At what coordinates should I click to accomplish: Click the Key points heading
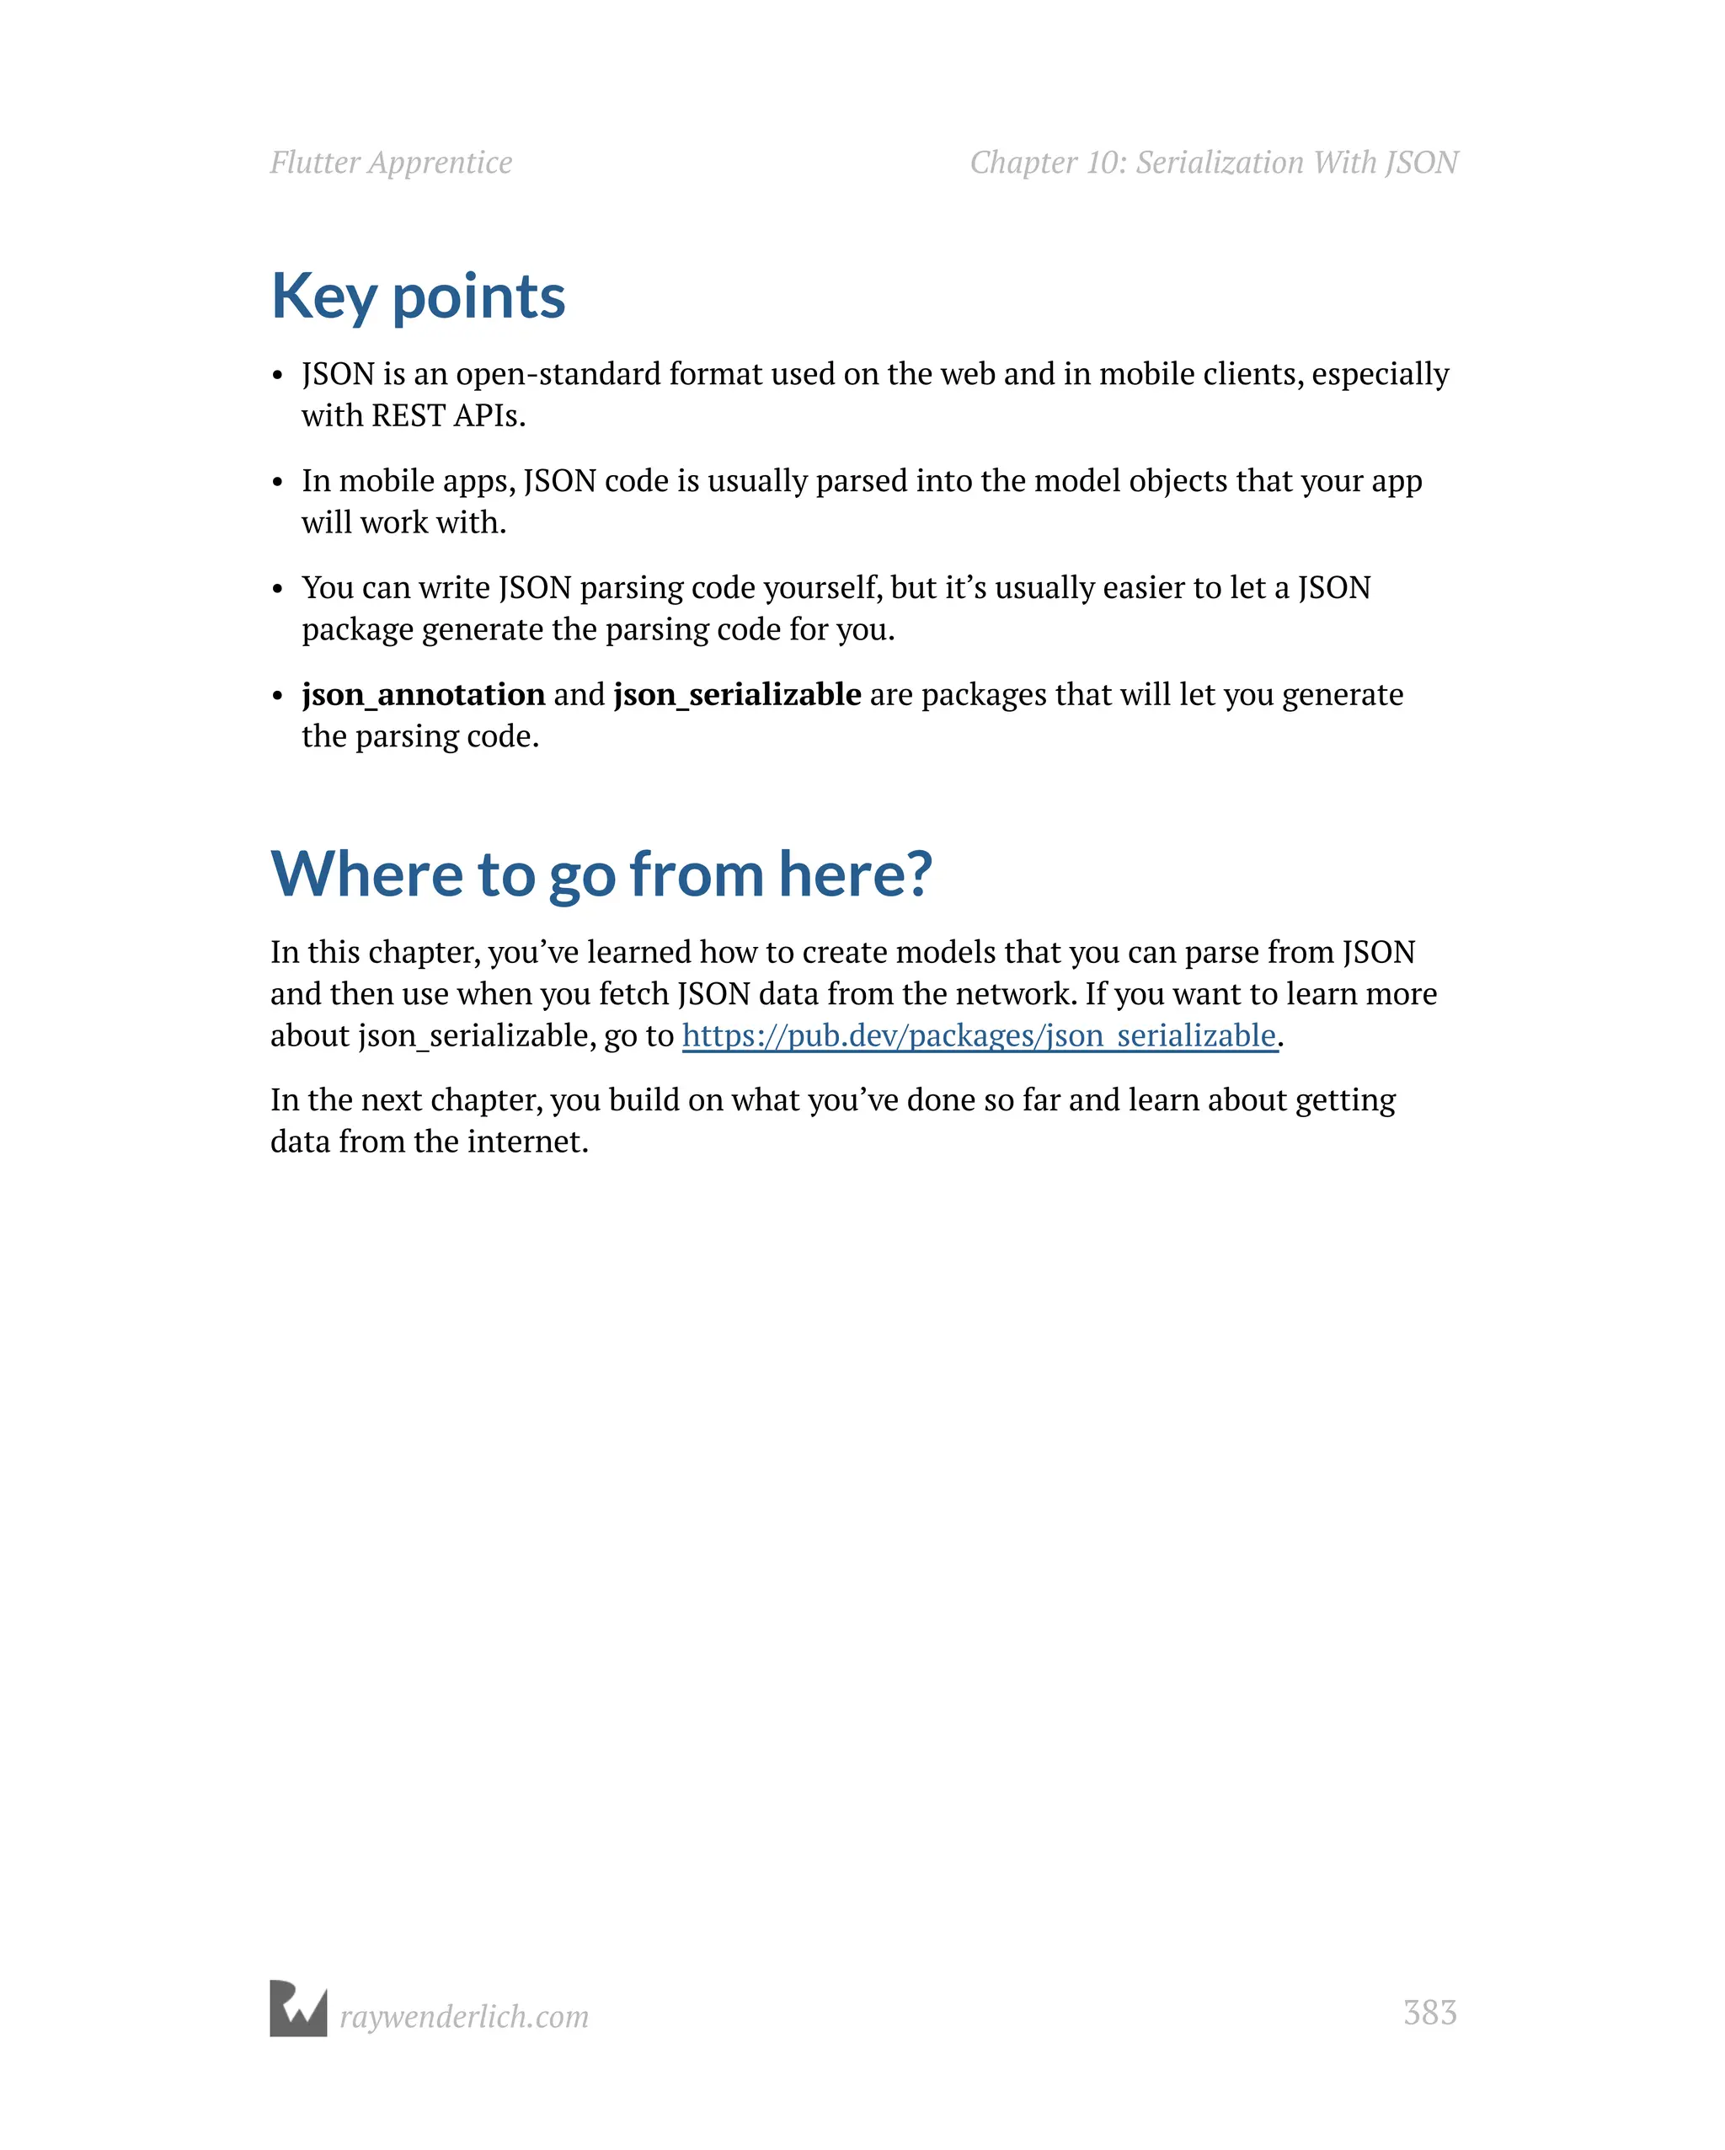click(418, 297)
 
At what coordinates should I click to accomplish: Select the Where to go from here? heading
click(601, 874)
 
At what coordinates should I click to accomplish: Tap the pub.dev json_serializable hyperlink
click(980, 1035)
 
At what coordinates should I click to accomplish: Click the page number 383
click(1430, 2013)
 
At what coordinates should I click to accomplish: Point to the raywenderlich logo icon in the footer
click(298, 2008)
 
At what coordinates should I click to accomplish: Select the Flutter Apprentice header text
click(391, 163)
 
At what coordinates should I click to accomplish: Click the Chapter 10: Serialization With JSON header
click(1214, 163)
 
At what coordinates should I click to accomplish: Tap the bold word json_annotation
click(423, 694)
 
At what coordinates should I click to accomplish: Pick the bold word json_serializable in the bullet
click(737, 694)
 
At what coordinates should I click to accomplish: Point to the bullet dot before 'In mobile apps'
click(278, 484)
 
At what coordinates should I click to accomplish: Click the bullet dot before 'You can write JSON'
click(278, 591)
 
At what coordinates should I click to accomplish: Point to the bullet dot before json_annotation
click(278, 697)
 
